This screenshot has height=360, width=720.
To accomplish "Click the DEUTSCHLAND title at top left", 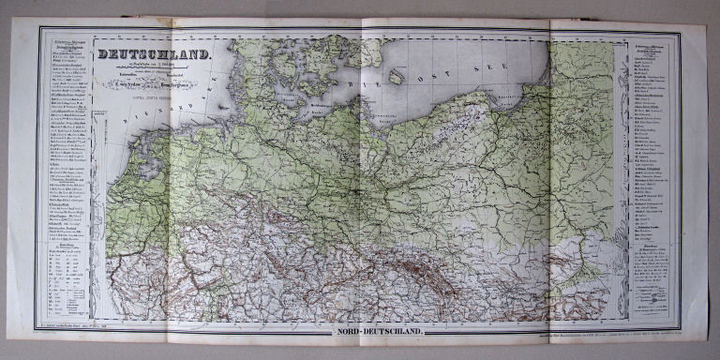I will tap(156, 55).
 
